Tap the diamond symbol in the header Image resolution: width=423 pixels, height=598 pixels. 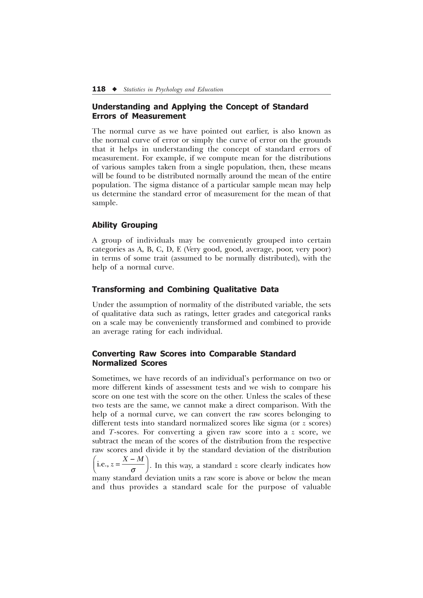(114, 89)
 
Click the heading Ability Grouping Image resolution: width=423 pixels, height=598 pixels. (125, 225)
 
